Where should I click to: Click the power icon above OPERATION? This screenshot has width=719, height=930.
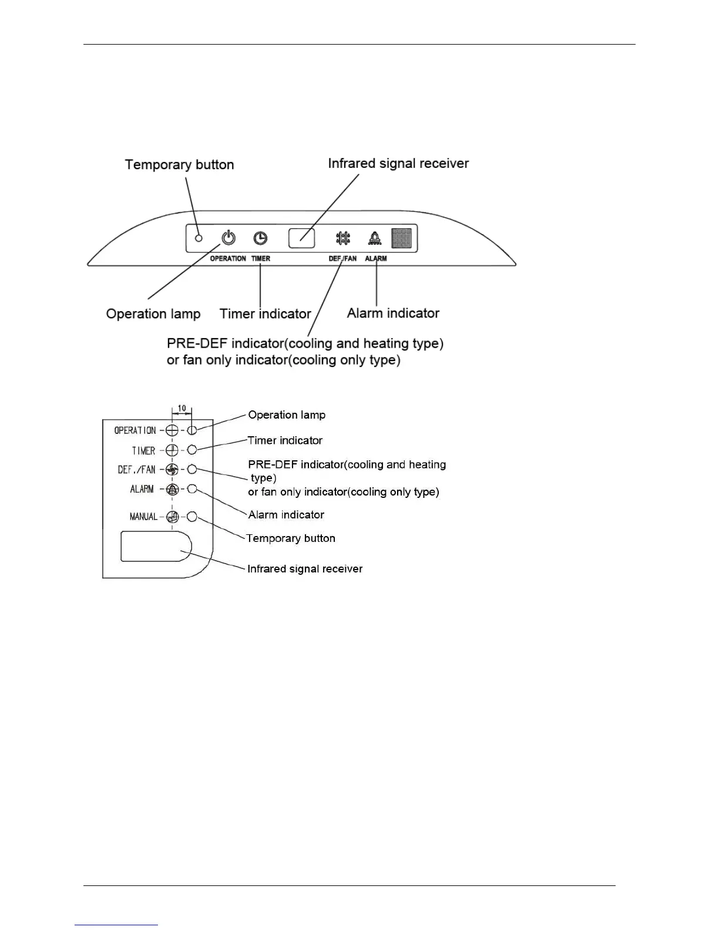[229, 238]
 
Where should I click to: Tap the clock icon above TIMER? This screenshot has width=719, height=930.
[260, 238]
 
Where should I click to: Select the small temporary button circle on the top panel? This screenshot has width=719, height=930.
[199, 238]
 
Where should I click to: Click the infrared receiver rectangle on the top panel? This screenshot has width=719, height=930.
[301, 238]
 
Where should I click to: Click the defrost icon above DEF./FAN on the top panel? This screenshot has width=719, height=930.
[343, 238]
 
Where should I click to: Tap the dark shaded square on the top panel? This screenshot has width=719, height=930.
[402, 238]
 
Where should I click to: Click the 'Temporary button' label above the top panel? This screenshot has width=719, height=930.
[179, 164]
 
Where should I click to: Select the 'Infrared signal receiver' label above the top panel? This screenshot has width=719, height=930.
[398, 163]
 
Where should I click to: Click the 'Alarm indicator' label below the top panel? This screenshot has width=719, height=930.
[393, 313]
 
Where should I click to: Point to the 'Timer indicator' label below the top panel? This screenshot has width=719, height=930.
[265, 314]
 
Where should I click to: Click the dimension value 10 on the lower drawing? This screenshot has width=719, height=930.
[182, 408]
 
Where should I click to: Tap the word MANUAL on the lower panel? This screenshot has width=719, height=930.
[143, 517]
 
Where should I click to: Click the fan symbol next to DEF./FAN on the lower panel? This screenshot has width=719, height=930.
[172, 470]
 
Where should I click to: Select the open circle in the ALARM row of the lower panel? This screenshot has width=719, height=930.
[191, 489]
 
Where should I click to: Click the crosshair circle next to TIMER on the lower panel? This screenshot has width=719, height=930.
[172, 450]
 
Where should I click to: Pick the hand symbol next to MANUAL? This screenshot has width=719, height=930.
[172, 517]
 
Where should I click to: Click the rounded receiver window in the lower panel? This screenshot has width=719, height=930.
[156, 546]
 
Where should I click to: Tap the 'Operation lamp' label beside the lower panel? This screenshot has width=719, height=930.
[287, 415]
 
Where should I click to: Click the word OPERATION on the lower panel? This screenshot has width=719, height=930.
[135, 430]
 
